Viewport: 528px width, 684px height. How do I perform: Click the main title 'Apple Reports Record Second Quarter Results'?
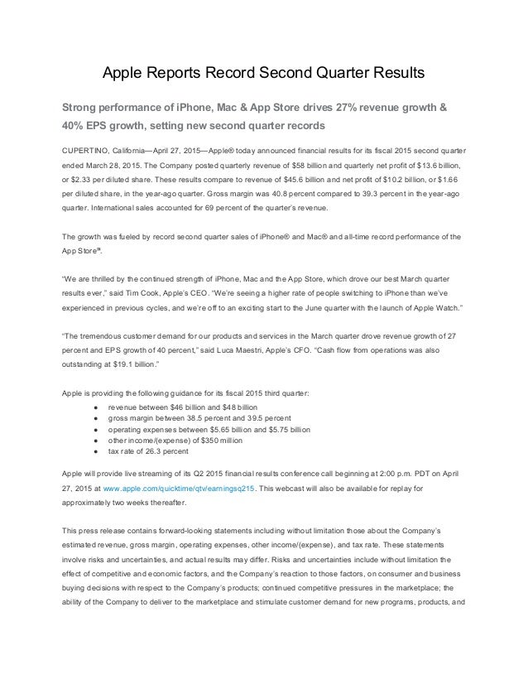pos(263,73)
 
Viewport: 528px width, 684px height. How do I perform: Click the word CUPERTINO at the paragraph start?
pos(85,152)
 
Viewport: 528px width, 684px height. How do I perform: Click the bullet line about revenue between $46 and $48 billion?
pos(182,408)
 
